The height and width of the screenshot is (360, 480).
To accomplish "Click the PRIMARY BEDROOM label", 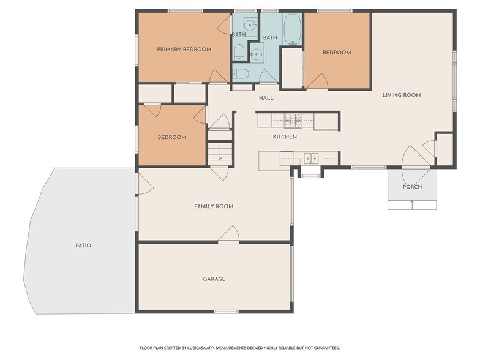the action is [x=184, y=49].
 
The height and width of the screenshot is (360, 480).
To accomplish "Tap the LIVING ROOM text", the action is [x=402, y=95].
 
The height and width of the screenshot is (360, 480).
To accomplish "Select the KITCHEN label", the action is [x=285, y=137].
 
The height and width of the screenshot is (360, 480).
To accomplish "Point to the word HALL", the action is [x=266, y=98].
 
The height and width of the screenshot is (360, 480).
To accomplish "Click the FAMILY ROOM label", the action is [x=214, y=206].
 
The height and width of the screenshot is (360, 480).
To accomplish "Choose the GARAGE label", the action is [x=214, y=279].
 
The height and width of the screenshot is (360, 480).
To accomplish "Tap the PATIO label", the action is [x=83, y=245].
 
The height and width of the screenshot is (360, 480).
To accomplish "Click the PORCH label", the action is [x=413, y=187].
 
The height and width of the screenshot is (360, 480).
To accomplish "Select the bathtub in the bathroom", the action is [x=293, y=29].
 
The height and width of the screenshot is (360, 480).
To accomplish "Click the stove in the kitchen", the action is [x=293, y=120].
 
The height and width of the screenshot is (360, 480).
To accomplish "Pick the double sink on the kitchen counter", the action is [x=311, y=159].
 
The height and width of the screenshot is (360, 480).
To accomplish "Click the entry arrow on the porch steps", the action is [x=413, y=204].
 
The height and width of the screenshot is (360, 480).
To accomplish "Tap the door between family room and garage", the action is [x=228, y=235].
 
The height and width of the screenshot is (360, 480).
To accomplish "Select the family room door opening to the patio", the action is [x=144, y=184].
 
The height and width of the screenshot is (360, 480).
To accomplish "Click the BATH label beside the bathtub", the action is [x=270, y=37].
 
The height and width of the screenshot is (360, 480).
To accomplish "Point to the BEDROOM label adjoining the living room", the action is [x=337, y=53].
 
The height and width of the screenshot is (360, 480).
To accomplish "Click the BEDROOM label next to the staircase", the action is [x=172, y=137].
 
